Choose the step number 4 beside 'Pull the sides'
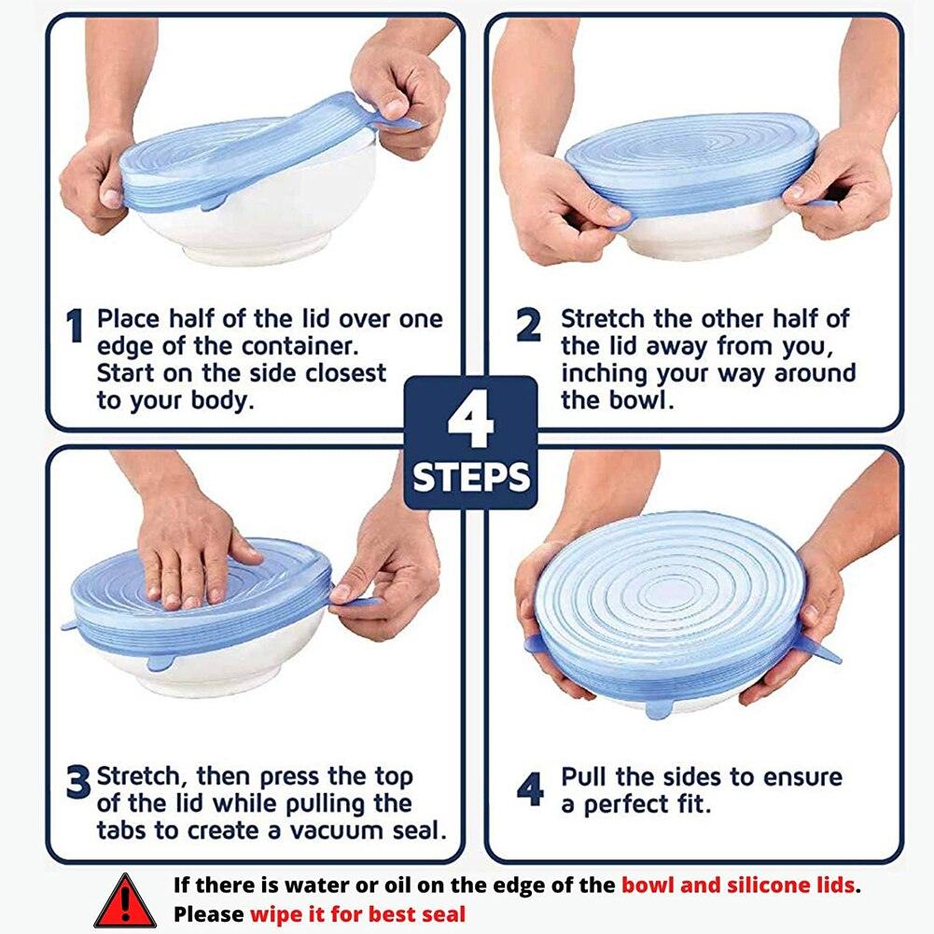pyautogui.click(x=530, y=790)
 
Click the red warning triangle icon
pyautogui.click(x=125, y=900)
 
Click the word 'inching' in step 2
pyautogui.click(x=609, y=373)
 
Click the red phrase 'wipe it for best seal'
pyautogui.click(x=356, y=913)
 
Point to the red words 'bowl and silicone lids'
pyautogui.click(x=737, y=885)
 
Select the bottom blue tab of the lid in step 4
pyautogui.click(x=661, y=709)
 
